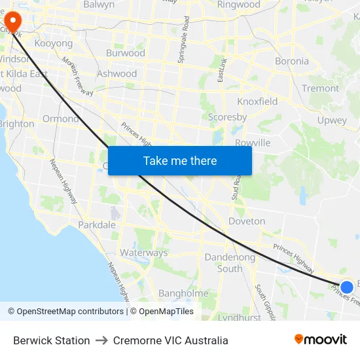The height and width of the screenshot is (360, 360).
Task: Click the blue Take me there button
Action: pyautogui.click(x=180, y=160)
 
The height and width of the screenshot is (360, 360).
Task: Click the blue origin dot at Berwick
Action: pyautogui.click(x=347, y=287)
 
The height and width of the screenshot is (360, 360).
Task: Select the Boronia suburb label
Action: pyautogui.click(x=292, y=61)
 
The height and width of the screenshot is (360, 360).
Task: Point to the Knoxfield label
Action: pyautogui.click(x=257, y=101)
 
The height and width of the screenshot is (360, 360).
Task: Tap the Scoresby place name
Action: pyautogui.click(x=227, y=117)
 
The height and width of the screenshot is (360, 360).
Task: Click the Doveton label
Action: pyautogui.click(x=247, y=221)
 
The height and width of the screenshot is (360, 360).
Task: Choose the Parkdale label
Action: pyautogui.click(x=97, y=225)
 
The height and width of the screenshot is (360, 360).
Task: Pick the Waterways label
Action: pyautogui.click(x=144, y=253)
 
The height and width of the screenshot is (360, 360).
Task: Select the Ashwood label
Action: pyautogui.click(x=117, y=74)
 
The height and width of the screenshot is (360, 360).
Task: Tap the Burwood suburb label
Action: pyautogui.click(x=125, y=52)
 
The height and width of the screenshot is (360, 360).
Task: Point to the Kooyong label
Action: pyautogui.click(x=54, y=43)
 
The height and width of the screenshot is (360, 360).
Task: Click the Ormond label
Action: pyautogui.click(x=60, y=118)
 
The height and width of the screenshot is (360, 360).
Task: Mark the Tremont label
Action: pyautogui.click(x=321, y=88)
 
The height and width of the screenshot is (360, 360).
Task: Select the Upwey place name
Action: pyautogui.click(x=332, y=120)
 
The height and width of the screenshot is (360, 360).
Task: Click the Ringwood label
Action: pyautogui.click(x=239, y=5)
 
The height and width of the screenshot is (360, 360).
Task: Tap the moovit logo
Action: pyautogui.click(x=321, y=340)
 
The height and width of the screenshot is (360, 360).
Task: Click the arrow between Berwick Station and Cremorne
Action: pyautogui.click(x=101, y=340)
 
